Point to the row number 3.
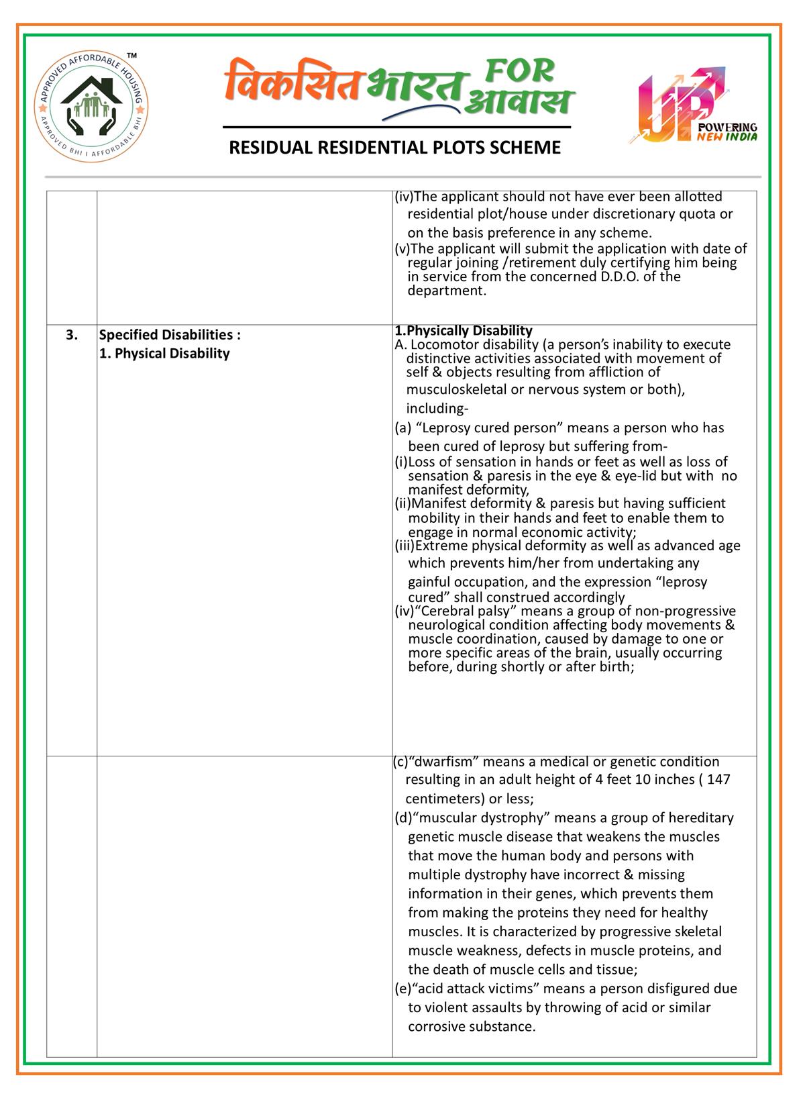point(72,334)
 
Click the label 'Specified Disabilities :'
point(170,334)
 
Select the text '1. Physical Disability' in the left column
point(164,353)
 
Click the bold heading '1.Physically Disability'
point(464,330)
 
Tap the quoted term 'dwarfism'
point(445,762)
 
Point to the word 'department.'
point(447,291)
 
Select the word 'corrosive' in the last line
point(435,1027)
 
